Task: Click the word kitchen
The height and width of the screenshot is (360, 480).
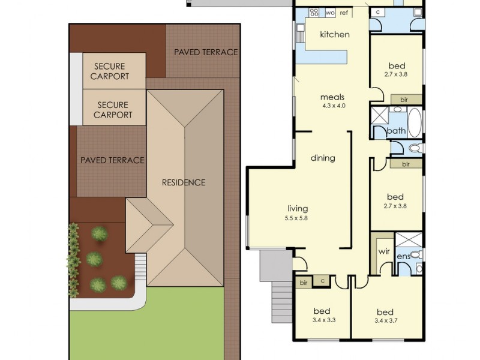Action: pos(334,34)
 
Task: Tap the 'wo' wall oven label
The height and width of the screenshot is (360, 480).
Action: pos(330,13)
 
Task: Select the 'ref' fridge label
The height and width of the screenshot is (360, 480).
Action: pos(344,13)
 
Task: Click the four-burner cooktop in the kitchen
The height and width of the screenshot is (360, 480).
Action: pos(314,13)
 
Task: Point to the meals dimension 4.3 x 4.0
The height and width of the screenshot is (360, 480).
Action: pos(333,106)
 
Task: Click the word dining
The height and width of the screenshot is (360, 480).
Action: pos(322,158)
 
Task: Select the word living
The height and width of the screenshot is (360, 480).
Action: pos(296,209)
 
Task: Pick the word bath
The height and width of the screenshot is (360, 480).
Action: pos(396,131)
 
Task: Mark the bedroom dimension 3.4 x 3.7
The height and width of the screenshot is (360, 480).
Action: pos(385,320)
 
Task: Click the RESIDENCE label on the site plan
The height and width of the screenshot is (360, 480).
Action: pos(184,182)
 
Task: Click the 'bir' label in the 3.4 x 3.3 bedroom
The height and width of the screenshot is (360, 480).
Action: pos(303,281)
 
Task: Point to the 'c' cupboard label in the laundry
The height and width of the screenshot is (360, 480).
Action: pos(377,11)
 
